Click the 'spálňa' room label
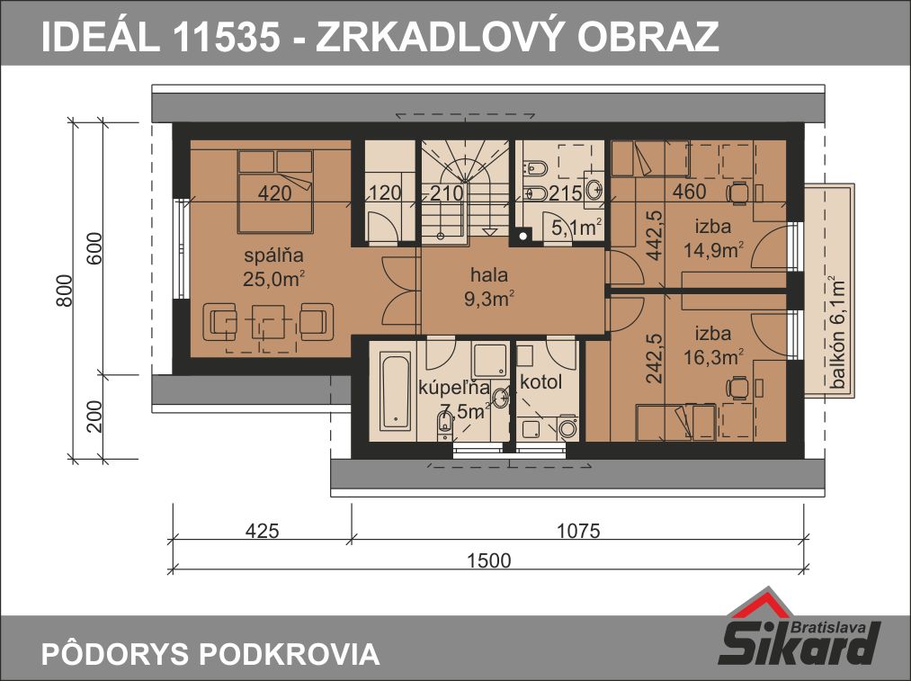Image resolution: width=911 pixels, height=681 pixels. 273,255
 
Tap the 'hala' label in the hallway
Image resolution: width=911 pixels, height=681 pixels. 489,274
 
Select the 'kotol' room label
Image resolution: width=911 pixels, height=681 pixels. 540,382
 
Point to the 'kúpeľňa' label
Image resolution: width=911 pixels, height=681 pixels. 454,388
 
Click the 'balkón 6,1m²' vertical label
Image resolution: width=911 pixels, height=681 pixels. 837,333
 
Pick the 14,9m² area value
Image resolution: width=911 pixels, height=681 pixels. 713,250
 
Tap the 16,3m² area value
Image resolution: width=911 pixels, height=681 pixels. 713,357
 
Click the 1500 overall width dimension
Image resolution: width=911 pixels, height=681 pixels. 489,560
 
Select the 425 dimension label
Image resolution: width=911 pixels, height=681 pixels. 262,531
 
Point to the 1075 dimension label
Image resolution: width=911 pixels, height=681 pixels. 578,531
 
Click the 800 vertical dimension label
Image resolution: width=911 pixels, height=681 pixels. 65,291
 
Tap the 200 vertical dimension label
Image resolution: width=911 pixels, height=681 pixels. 94,417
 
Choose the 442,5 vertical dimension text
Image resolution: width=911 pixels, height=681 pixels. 655,236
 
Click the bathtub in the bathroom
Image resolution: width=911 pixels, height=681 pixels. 395,390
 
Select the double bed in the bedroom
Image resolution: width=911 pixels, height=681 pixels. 275,191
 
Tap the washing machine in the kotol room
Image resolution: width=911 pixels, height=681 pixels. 567,428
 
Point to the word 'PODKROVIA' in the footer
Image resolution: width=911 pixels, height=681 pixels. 290,654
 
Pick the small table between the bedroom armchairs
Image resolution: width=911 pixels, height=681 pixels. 268,321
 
